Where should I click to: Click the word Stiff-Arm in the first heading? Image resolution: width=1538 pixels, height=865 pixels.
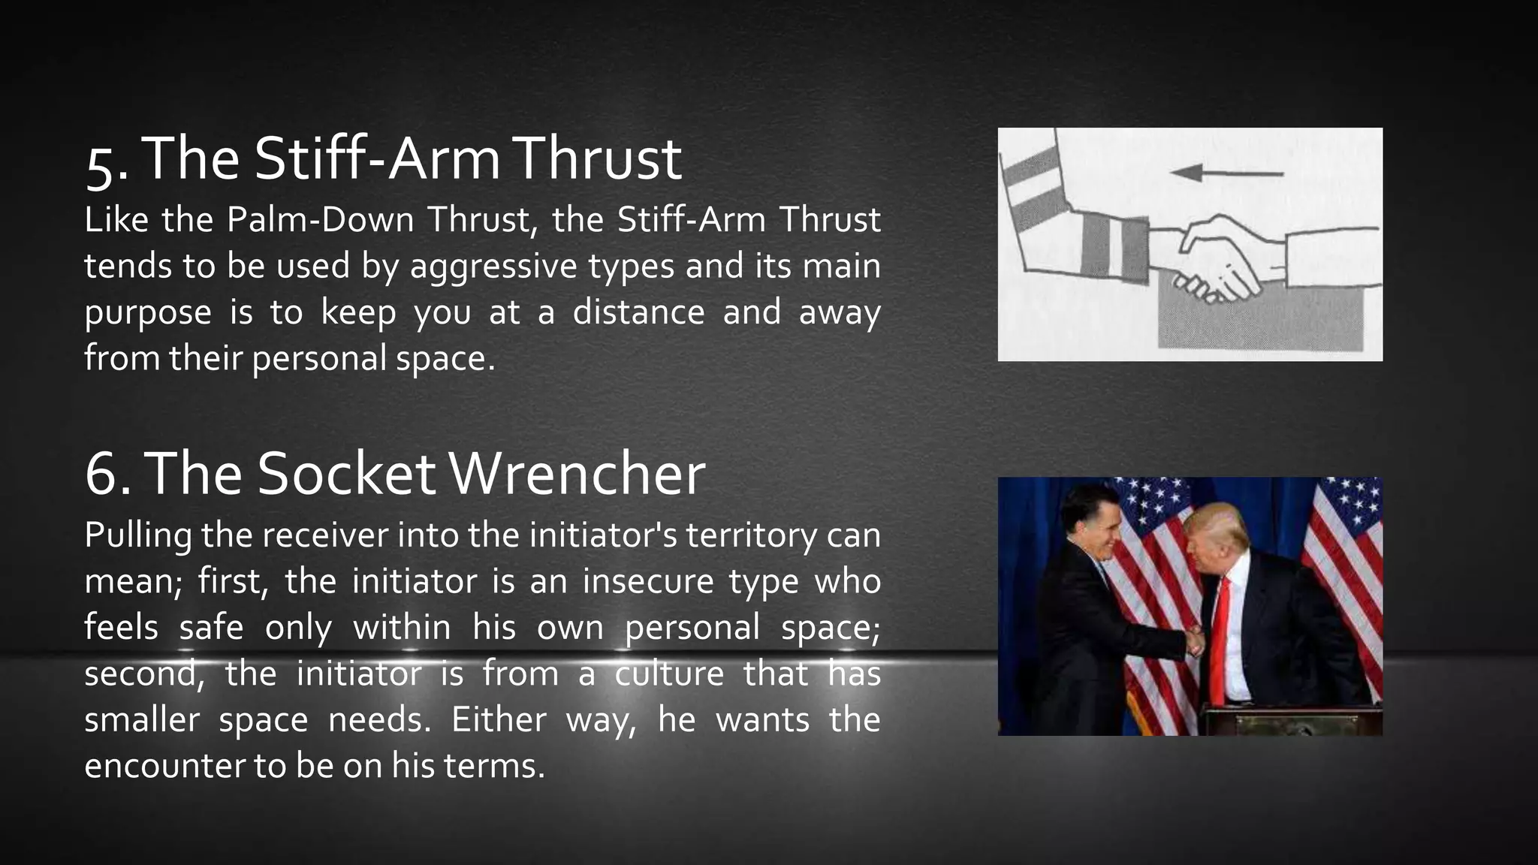point(377,158)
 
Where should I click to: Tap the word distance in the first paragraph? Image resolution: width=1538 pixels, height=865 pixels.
point(638,312)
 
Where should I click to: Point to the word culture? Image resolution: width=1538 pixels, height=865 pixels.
point(669,674)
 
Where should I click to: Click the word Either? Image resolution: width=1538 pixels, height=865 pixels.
point(499,719)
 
